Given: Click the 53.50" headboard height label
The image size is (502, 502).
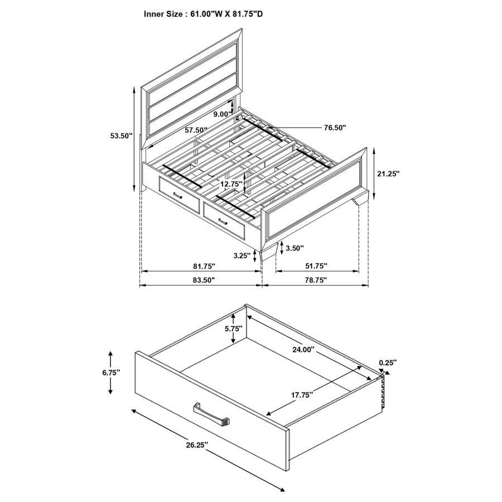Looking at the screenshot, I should tap(121, 136).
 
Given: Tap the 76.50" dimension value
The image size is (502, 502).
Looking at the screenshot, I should tap(335, 128).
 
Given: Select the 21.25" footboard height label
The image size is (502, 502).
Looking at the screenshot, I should tap(388, 173).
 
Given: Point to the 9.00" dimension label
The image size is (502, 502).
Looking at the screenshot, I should tap(223, 114).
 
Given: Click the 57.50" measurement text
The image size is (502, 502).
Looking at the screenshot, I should tap(196, 130).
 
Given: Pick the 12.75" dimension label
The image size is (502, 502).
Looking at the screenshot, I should tap(230, 184).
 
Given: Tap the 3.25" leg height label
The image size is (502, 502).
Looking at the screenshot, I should tap(242, 256).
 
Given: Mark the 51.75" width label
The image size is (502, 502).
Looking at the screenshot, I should tap(315, 267).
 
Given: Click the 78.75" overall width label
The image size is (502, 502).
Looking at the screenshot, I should tap(315, 280).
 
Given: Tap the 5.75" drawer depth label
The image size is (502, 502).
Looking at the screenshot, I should tap(234, 329).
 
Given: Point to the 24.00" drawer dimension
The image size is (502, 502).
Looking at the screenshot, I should tap(303, 350).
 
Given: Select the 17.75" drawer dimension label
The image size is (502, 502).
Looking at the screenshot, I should tap(301, 394).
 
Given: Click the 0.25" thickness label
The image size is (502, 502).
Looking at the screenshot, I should tap(388, 363).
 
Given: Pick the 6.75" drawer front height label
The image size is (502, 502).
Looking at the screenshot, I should tap(111, 372).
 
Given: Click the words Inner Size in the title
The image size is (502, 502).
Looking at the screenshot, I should tap(164, 14).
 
